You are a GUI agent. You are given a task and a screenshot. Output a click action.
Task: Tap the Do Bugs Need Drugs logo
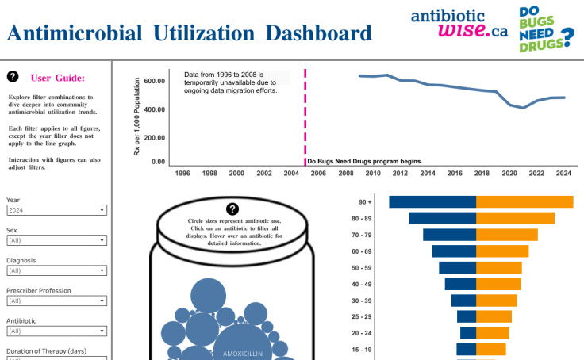coord(546,29)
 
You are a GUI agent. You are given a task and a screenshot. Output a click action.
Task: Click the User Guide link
coord(58,78)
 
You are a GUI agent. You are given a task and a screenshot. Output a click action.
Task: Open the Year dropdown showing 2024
coord(56,210)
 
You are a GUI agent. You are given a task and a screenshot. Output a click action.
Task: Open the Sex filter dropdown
coord(56,239)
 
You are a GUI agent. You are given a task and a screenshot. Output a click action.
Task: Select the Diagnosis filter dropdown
coord(56,270)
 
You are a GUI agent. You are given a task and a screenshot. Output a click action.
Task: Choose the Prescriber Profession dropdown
coord(56,301)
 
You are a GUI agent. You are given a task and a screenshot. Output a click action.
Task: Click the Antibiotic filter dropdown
coord(56,331)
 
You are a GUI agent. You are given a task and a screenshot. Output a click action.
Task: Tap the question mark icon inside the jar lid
coord(232,208)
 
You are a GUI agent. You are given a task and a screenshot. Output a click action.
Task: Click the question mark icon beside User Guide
coord(13,77)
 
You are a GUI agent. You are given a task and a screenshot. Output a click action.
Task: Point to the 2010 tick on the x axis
coord(372,173)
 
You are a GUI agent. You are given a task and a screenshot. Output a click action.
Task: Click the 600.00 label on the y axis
coord(155,81)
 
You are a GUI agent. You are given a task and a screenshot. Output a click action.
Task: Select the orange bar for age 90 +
coord(524,202)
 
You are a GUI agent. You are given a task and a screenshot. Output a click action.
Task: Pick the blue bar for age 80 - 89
coord(442,218)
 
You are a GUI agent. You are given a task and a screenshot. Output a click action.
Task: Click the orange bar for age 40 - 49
coord(498,284)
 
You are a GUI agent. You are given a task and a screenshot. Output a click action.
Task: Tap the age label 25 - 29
coord(361,317)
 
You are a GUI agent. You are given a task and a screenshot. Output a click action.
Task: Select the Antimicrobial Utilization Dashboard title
coord(189,33)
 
